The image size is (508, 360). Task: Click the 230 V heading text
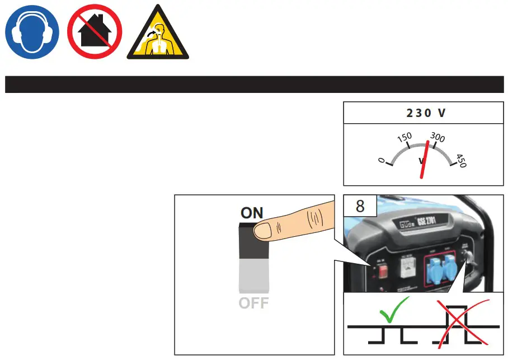426,113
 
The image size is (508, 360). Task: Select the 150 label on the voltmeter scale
404,137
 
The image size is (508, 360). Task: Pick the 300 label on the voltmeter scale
438,138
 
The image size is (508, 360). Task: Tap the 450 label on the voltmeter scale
461,161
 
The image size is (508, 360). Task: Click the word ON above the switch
252,213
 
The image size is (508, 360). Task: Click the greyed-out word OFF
254,303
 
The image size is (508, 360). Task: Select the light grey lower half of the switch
255,275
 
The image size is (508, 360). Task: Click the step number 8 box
360,205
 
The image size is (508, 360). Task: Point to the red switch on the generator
383,271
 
